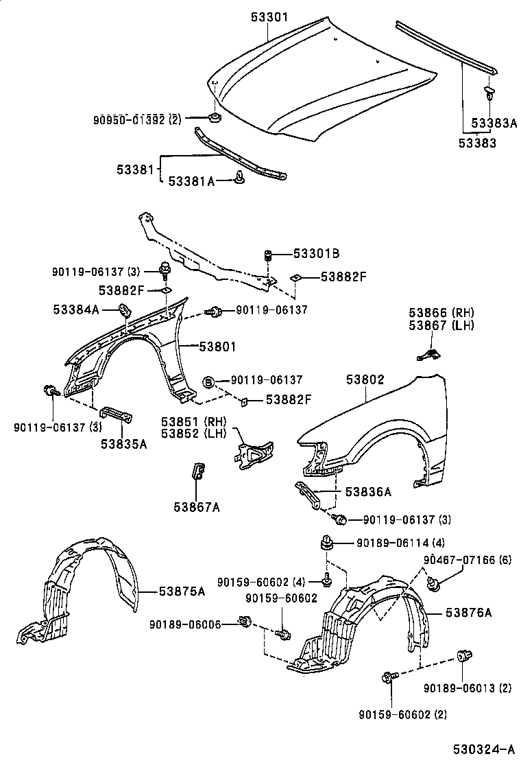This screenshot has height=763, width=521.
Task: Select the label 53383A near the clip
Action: point(494,123)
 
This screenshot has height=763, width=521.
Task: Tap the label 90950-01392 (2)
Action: point(137,119)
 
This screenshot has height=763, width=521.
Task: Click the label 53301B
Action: point(316,254)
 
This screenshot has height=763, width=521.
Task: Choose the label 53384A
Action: point(76,310)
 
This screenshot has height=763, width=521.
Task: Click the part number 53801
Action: point(217,347)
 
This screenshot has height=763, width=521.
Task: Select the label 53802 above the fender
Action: point(365,379)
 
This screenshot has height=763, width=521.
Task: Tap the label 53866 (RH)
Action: point(441,313)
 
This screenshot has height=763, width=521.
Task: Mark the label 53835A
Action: point(124,444)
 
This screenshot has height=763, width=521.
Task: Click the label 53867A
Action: point(197,507)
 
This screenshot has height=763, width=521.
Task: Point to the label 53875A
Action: point(182,591)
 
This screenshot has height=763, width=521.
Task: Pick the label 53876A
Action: point(468,613)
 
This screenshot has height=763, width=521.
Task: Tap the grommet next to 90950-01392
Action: point(214,119)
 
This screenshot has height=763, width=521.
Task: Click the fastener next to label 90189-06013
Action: point(463,657)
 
